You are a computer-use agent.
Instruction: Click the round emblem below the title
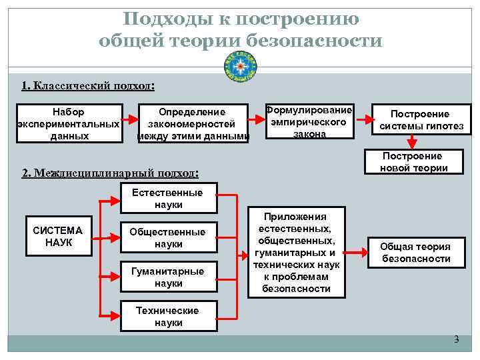[x=240, y=65]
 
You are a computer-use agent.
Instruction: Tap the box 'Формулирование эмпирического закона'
[x=309, y=121]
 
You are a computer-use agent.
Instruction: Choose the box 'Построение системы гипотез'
[x=419, y=120]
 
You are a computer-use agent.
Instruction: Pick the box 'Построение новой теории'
[x=414, y=162]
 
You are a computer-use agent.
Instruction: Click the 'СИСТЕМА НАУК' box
[x=58, y=237]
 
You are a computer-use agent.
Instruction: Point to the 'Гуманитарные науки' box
[x=167, y=277]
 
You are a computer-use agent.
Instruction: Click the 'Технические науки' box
[x=167, y=317]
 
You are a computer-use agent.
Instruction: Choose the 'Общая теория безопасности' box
[x=415, y=253]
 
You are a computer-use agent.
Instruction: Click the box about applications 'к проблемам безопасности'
[x=297, y=253]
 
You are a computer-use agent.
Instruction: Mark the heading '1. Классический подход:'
[x=88, y=86]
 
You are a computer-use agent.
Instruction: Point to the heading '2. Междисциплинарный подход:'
[x=110, y=173]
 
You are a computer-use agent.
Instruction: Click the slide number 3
[x=457, y=339]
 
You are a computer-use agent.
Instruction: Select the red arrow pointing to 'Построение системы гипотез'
[x=363, y=120]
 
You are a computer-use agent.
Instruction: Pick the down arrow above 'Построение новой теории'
[x=413, y=142]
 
